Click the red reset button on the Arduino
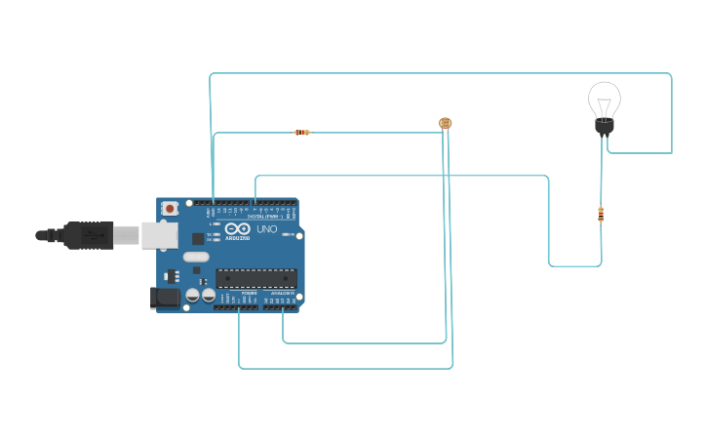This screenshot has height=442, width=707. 170,208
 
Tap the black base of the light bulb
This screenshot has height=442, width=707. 604,126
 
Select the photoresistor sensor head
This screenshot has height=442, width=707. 446,123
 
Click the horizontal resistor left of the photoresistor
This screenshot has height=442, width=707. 302,132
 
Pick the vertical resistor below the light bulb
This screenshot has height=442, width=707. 601,215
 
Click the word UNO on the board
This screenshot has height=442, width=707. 266,230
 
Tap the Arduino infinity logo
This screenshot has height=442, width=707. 237,229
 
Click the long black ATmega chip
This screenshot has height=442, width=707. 255,278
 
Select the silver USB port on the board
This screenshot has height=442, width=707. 159,235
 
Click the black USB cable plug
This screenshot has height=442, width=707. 88,235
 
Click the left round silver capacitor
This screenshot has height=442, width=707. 193,294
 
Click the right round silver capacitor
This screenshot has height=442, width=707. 209,294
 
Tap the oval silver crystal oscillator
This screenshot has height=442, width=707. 196,258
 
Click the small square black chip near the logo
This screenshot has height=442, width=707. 198,238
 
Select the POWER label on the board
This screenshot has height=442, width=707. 249,293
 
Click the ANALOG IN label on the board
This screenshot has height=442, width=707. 282,293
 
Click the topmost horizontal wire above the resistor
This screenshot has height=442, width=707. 439,73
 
